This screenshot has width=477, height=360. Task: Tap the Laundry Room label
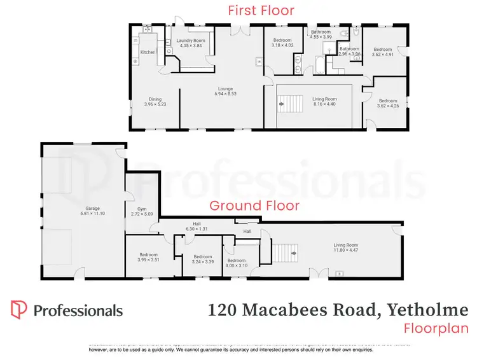coord(190,43)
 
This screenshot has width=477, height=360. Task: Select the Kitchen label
coord(148,52)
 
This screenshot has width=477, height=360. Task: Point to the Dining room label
coord(155,102)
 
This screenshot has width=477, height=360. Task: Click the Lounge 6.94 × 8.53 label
coord(226,91)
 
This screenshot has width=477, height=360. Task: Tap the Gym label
coord(142,212)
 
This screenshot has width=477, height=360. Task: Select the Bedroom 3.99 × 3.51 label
coord(148,257)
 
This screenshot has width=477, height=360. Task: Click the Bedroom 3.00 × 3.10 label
coord(237,263)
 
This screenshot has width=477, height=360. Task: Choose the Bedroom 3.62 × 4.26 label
coord(387,103)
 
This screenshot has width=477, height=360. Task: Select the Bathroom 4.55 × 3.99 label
coord(321,34)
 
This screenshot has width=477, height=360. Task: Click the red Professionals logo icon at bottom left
coord(19,310)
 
